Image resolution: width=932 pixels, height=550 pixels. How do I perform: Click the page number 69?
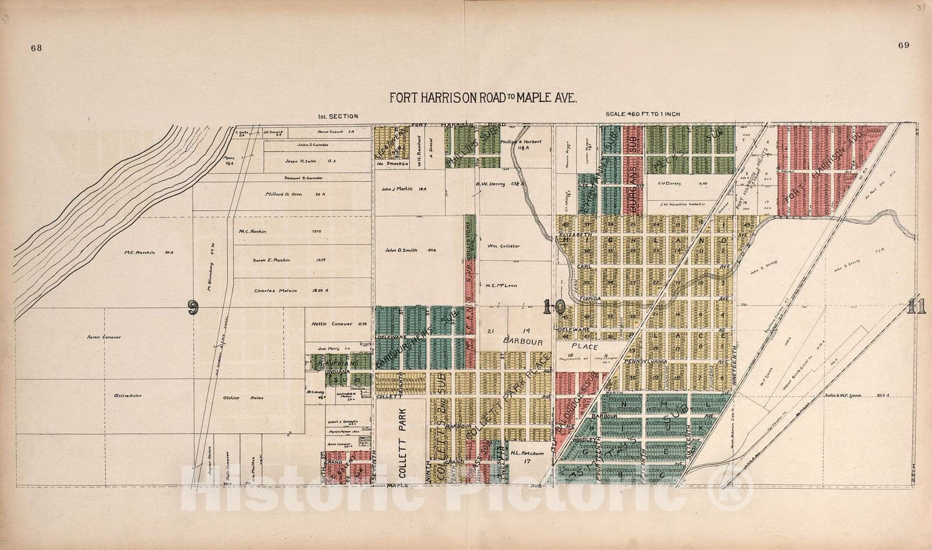pos(903,45)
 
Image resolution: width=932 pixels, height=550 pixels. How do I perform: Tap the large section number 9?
pos(191,307)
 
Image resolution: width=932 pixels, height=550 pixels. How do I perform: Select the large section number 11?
pos(915,307)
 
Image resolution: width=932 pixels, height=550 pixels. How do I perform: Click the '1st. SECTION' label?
pos(337,116)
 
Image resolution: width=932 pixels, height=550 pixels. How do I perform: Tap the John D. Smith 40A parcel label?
pos(409,250)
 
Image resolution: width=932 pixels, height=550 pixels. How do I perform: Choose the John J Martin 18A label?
pos(405,189)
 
